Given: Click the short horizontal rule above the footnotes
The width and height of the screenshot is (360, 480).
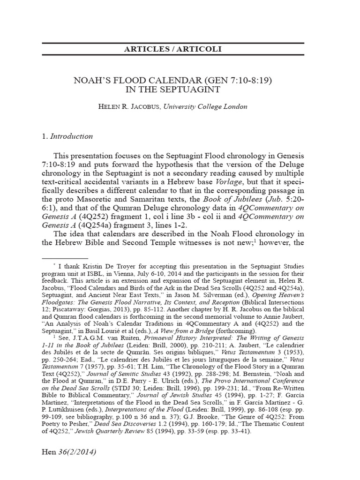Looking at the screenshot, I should (x=65, y=258).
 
